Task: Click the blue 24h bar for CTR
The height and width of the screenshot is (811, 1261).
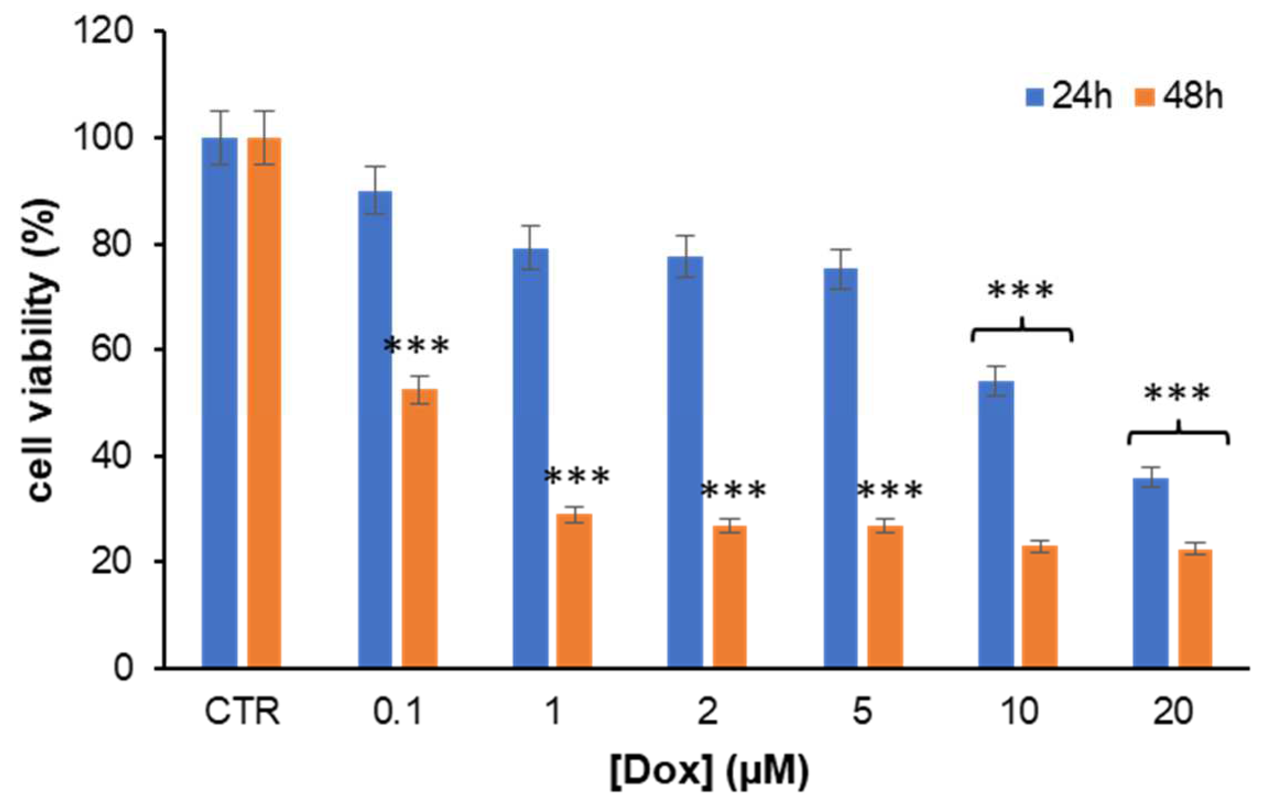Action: pyautogui.click(x=220, y=404)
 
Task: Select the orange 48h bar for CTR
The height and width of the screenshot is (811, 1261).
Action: pyautogui.click(x=264, y=404)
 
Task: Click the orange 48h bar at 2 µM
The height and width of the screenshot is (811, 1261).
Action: pyautogui.click(x=730, y=597)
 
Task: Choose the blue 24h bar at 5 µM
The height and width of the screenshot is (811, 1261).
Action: pyautogui.click(x=840, y=468)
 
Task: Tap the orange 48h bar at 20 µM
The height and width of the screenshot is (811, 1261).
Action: pyautogui.click(x=1195, y=609)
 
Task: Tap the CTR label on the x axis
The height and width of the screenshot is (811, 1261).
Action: pyautogui.click(x=242, y=711)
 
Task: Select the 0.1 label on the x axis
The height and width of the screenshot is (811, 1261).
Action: pyautogui.click(x=398, y=711)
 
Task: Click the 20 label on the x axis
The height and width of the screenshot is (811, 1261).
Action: pyautogui.click(x=1173, y=711)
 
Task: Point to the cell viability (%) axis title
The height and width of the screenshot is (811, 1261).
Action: pyautogui.click(x=42, y=350)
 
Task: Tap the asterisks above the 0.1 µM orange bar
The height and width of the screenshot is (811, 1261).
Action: pyautogui.click(x=416, y=346)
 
